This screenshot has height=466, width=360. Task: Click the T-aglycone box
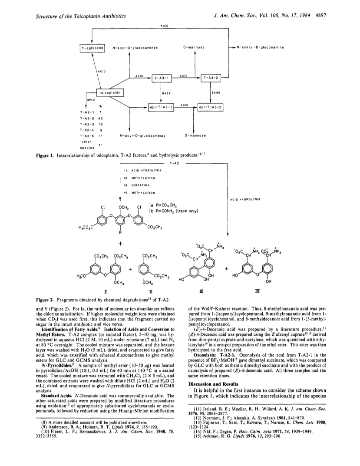click(92, 47)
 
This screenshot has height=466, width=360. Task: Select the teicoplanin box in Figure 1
click(110, 93)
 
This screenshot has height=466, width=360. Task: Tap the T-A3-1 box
click(162, 78)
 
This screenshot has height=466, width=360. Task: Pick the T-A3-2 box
click(211, 78)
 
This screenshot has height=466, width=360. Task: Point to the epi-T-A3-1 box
click(161, 107)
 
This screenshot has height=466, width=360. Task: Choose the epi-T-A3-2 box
click(211, 107)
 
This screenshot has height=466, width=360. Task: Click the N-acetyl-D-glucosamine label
click(260, 47)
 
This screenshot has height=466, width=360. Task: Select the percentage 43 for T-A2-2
click(100, 118)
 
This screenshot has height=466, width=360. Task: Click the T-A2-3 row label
click(87, 124)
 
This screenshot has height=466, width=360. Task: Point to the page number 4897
click(321, 16)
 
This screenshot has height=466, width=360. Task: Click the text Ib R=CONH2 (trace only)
click(174, 212)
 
